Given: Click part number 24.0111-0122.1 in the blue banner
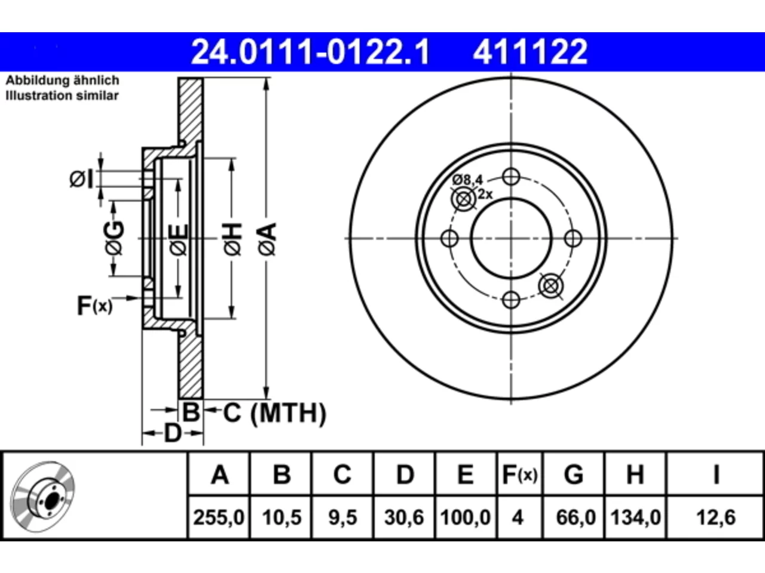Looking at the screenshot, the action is point(310,52).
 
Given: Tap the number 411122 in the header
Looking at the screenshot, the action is point(530,52).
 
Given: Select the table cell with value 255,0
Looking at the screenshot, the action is point(219,517).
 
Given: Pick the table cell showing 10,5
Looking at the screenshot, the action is point(281,517).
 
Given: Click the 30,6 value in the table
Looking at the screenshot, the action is point(404,517).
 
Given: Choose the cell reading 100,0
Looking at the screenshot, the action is point(465,517).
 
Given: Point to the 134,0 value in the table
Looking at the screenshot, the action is point(635,517).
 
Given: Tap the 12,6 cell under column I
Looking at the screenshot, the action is point(715,517).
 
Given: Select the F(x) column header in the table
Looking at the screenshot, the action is point(519,475).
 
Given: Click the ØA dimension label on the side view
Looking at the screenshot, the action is point(267,239).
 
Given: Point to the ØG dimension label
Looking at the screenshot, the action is point(114,238).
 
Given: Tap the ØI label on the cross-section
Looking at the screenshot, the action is point(81,179).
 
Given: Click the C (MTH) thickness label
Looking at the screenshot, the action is point(274,413).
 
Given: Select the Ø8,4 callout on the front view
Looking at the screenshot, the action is point(467,180).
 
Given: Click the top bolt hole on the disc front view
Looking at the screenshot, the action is point(511,177).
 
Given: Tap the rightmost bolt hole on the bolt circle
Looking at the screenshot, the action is point(573,238).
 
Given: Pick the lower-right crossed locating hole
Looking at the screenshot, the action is point(550,286).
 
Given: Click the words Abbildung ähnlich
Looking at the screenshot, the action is point(62,81).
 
